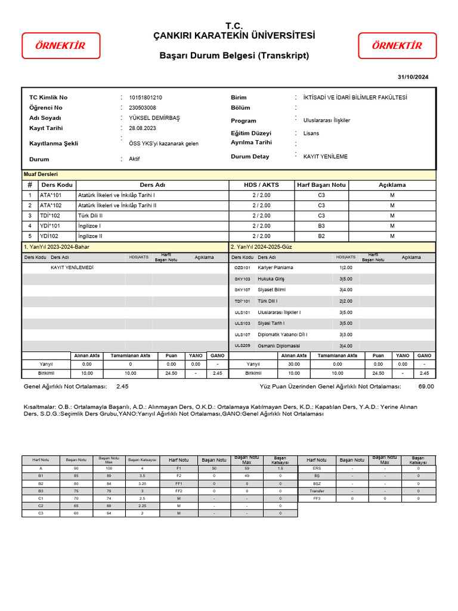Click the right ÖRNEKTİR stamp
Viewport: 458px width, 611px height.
click(x=397, y=45)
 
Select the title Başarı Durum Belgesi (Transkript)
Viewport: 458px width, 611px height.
click(x=234, y=55)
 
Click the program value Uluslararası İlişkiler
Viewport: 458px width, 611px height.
click(x=327, y=121)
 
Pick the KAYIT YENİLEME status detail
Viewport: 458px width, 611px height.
click(x=325, y=156)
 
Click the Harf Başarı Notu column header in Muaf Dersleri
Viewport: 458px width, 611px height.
click(x=321, y=185)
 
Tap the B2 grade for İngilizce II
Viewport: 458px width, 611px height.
click(x=321, y=236)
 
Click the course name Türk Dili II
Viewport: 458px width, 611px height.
click(x=91, y=215)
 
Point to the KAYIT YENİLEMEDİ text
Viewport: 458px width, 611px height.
click(x=72, y=268)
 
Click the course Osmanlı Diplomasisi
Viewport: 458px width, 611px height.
click(x=278, y=345)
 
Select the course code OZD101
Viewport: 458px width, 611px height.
click(x=242, y=268)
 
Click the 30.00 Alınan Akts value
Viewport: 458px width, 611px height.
click(x=293, y=363)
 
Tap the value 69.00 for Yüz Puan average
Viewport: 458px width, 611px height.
click(x=426, y=387)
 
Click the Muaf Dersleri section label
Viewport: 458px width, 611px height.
click(x=41, y=174)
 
